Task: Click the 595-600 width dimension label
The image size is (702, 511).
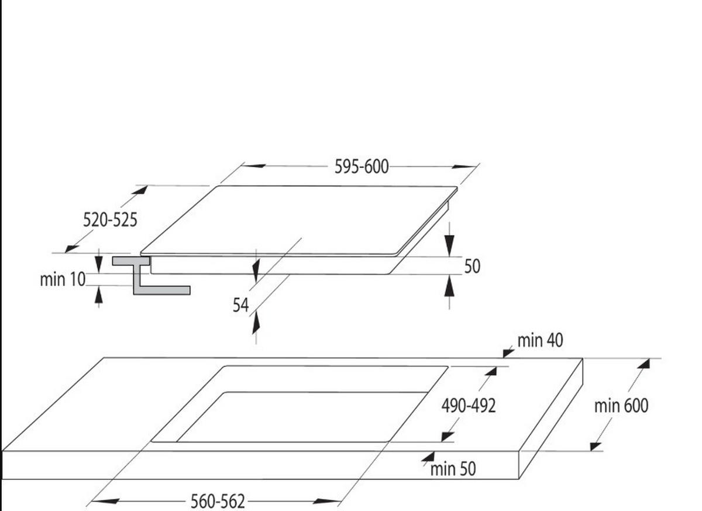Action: pos(362,166)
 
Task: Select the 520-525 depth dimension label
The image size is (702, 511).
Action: pos(110,220)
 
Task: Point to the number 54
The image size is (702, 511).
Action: pos(240,305)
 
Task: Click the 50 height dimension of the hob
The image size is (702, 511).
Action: pos(472,266)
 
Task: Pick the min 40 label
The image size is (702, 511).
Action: pos(540,340)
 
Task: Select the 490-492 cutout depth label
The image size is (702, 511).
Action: pos(469,406)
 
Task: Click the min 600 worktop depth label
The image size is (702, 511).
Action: pos(621,406)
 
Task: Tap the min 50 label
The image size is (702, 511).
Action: pos(453,469)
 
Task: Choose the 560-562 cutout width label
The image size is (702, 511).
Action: pos(218,501)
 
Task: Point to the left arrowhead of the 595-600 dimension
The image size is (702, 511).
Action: pos(254,166)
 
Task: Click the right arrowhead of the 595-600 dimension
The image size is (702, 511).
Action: pos(464,166)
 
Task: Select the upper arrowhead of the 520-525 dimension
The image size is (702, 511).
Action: pos(140,190)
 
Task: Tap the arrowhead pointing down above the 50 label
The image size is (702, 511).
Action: pos(449,246)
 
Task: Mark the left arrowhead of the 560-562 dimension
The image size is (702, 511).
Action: pos(105,501)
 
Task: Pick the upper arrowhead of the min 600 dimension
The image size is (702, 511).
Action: pos(643,364)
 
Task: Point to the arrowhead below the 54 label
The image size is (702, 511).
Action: pos(256,324)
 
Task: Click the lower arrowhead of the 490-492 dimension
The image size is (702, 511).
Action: pos(448,437)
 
